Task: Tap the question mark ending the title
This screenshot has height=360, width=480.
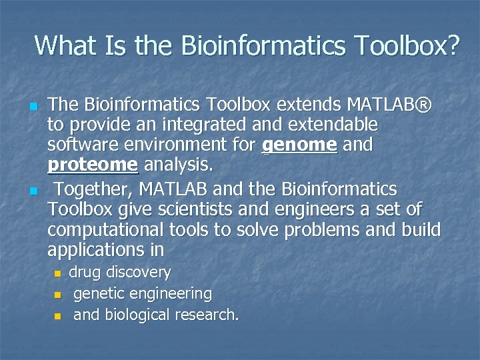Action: [x=452, y=45]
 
